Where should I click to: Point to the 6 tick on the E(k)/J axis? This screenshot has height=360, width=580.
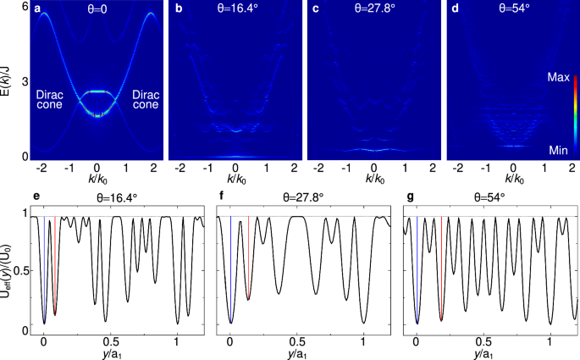[26, 7]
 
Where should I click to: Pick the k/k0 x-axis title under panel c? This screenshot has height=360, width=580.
[373, 179]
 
